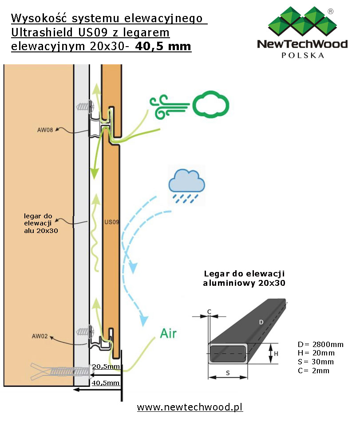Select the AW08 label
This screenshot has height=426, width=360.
click(46, 130)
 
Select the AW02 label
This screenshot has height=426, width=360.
click(40, 336)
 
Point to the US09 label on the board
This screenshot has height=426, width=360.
click(111, 221)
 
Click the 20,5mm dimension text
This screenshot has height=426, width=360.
click(107, 367)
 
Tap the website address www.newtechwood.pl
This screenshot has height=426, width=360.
click(190, 407)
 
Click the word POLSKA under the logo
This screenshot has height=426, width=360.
click(303, 55)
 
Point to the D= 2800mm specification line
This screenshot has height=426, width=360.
click(320, 345)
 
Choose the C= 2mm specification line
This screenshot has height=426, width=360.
click(313, 371)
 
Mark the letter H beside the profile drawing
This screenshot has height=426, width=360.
click(276, 354)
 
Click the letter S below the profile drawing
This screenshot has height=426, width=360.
click(228, 373)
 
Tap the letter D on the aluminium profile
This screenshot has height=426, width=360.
click(261, 322)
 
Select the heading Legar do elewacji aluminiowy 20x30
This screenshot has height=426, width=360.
click(244, 278)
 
